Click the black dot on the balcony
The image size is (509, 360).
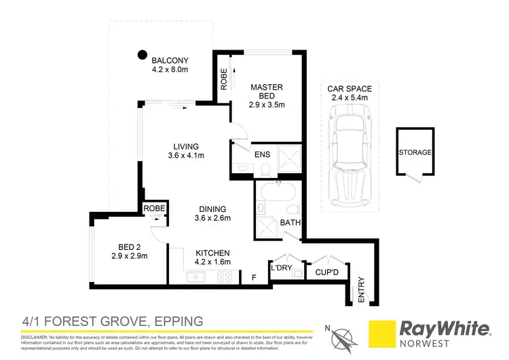(x=142, y=54)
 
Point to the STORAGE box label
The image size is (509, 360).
(x=415, y=152)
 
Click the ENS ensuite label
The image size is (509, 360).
(x=262, y=155)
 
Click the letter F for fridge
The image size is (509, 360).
(x=254, y=277)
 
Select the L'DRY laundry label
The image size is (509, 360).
(x=280, y=270)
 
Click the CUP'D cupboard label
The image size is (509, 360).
(x=327, y=272)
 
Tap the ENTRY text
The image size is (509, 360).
(x=360, y=288)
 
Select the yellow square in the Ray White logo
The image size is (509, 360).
(x=382, y=334)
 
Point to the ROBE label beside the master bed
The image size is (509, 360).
(x=223, y=80)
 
